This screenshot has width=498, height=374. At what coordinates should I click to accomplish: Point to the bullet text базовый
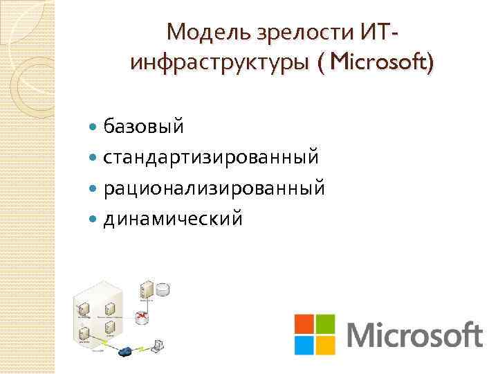pos(144,126)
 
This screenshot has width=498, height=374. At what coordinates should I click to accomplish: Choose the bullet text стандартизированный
pos(211,157)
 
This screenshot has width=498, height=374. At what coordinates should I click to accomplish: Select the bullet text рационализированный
pos(214,188)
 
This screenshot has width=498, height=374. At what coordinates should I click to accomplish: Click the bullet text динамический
pos(173,219)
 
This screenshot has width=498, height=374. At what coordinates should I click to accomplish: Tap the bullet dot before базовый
pos(95,127)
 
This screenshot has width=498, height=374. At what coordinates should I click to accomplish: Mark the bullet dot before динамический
pos(95,220)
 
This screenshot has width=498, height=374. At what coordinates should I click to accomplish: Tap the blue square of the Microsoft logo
pos(304,345)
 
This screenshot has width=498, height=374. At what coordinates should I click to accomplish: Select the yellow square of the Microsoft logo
pos(326,345)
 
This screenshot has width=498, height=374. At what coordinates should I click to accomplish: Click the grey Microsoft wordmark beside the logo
pos(414,335)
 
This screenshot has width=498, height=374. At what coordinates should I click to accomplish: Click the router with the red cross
pos(143,317)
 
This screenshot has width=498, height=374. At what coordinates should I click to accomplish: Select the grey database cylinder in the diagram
pos(163,289)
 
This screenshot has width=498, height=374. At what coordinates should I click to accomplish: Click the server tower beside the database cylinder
pos(146,290)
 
